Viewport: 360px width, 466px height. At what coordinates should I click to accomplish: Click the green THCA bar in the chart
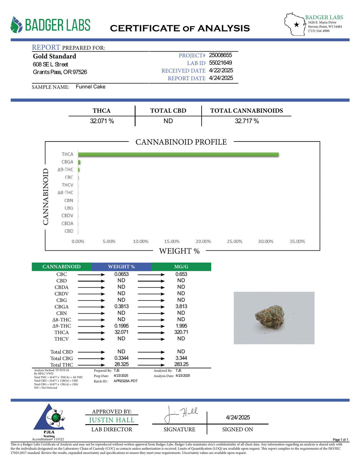click(178, 154)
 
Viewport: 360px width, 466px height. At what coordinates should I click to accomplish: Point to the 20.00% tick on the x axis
click(203, 241)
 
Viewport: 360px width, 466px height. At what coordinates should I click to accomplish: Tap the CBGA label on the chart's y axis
click(67, 162)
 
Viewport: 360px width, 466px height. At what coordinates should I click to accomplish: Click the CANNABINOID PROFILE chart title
click(181, 142)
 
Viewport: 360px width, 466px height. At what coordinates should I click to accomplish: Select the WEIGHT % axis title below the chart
click(179, 251)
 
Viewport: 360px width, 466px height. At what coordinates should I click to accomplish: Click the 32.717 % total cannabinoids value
click(247, 121)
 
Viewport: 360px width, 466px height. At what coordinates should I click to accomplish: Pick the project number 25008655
click(220, 55)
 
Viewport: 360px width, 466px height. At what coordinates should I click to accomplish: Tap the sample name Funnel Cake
click(90, 87)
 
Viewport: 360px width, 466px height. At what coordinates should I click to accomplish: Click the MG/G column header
click(181, 267)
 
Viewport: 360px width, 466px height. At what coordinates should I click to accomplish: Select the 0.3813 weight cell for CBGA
click(121, 306)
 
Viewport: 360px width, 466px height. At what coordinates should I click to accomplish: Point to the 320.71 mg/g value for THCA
click(181, 332)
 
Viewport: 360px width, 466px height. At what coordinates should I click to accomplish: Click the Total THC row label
click(62, 365)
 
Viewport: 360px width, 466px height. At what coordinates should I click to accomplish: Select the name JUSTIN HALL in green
click(112, 420)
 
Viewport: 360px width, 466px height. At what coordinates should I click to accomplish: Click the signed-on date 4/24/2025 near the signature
click(238, 417)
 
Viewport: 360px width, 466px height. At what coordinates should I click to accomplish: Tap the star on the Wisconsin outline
click(296, 25)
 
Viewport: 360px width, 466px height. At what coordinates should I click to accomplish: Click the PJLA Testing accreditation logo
click(49, 420)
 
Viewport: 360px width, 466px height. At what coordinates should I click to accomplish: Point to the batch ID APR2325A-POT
click(126, 381)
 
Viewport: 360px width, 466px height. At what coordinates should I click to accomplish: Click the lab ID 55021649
click(220, 63)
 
